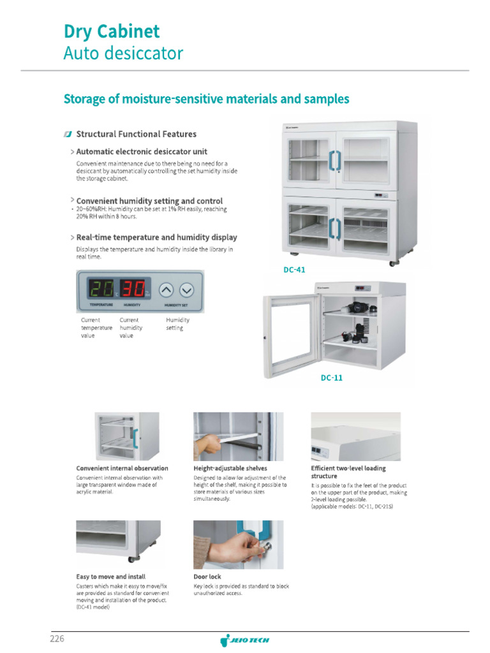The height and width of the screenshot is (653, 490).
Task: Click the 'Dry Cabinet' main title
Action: click(x=112, y=31)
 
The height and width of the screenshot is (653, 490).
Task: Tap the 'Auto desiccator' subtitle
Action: click(x=123, y=53)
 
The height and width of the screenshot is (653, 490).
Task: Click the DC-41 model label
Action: click(x=294, y=270)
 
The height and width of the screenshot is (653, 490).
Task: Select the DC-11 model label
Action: click(x=331, y=378)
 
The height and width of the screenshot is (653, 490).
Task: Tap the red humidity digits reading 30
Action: click(x=133, y=290)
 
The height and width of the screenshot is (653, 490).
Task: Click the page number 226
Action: click(x=57, y=638)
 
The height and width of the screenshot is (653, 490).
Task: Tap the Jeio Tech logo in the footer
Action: click(x=245, y=640)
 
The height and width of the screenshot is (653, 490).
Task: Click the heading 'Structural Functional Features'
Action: click(x=136, y=134)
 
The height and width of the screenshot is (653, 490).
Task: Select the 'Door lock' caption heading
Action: click(x=207, y=576)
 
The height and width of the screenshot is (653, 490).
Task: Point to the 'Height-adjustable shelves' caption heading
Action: click(x=230, y=468)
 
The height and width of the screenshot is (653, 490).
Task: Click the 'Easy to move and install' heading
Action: click(x=110, y=576)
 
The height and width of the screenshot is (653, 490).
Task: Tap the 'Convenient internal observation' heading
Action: click(x=122, y=468)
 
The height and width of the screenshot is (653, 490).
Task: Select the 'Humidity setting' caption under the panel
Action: click(x=177, y=324)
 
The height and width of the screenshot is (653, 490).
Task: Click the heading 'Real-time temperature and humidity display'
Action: click(x=156, y=237)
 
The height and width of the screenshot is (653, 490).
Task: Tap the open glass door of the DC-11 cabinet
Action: click(x=291, y=335)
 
